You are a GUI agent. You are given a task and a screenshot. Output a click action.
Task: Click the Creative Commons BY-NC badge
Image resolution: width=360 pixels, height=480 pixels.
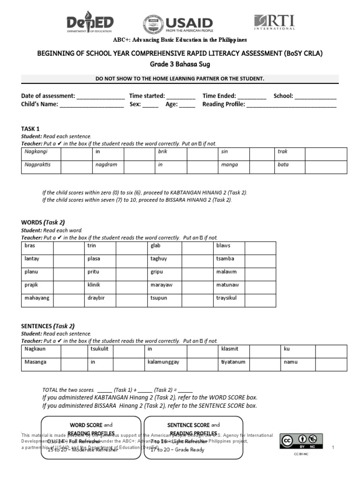pos(298,443)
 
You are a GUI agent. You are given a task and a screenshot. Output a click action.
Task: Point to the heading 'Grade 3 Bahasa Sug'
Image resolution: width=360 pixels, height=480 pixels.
pos(180,64)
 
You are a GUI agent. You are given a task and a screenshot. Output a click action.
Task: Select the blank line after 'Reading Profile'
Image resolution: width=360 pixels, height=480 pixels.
pos(291,105)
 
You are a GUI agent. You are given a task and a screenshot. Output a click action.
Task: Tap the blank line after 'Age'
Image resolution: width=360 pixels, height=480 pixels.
pos(187,105)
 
